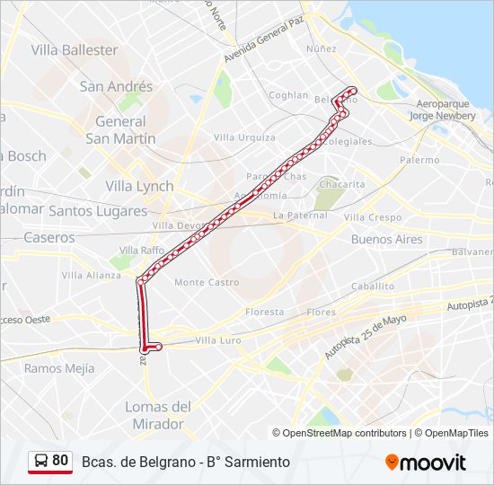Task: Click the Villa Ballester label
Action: click(x=75, y=50)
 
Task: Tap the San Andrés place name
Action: click(x=116, y=87)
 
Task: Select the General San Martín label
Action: click(x=120, y=130)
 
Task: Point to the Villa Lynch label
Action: click(x=139, y=186)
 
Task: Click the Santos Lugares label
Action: click(x=98, y=211)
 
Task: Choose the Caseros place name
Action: click(x=49, y=238)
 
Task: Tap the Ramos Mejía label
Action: click(x=59, y=368)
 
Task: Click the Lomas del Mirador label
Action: click(x=158, y=415)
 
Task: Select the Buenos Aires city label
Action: click(x=386, y=240)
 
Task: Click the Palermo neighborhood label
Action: click(x=419, y=160)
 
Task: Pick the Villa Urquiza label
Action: click(x=244, y=137)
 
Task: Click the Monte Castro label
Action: click(x=207, y=282)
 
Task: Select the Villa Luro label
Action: click(x=218, y=340)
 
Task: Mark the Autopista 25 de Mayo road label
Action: click(x=366, y=337)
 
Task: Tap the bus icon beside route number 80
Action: click(x=41, y=462)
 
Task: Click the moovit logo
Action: click(x=426, y=463)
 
